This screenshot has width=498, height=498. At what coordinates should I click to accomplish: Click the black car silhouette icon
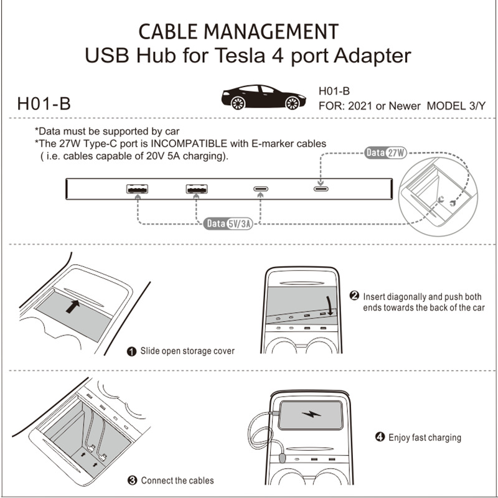pyautogui.click(x=263, y=97)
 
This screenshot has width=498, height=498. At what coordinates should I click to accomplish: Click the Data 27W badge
pyautogui.click(x=385, y=153)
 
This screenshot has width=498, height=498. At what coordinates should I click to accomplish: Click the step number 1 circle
pyautogui.click(x=132, y=352)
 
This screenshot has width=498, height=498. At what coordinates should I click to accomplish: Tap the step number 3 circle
pyautogui.click(x=132, y=481)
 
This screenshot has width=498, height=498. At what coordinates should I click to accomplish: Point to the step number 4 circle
pyautogui.click(x=380, y=438)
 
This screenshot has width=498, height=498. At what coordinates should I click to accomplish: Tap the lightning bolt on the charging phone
pyautogui.click(x=309, y=415)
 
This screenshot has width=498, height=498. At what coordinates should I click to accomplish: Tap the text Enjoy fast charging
pyautogui.click(x=425, y=438)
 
